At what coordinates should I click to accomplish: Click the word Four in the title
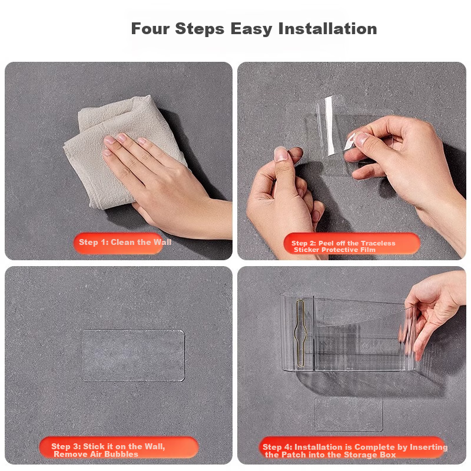coord(150,29)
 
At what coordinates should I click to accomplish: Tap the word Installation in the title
coord(327,29)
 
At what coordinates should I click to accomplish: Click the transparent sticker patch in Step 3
coord(133,356)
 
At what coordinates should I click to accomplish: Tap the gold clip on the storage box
coord(300,333)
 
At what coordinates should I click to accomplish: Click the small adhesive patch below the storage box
coord(349,414)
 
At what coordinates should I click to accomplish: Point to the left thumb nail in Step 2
coord(281,154)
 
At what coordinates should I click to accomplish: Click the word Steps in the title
coord(200,29)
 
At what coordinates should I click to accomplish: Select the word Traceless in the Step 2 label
coord(378,243)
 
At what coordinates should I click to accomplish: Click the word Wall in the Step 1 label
coord(162,242)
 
